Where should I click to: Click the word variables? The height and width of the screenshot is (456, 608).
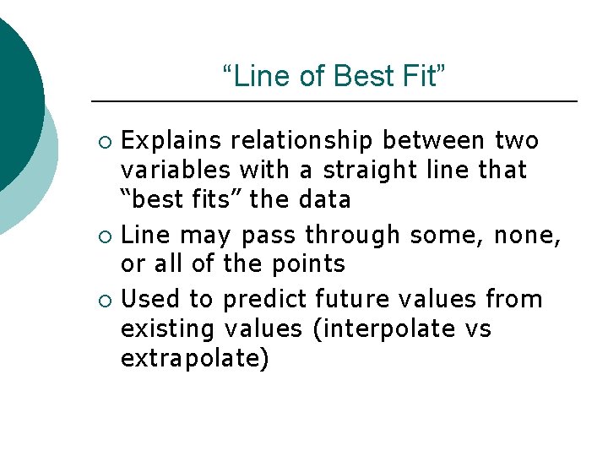click(x=176, y=170)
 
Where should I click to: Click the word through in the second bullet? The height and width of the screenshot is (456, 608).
click(x=353, y=234)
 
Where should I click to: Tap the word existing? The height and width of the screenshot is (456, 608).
click(x=170, y=328)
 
